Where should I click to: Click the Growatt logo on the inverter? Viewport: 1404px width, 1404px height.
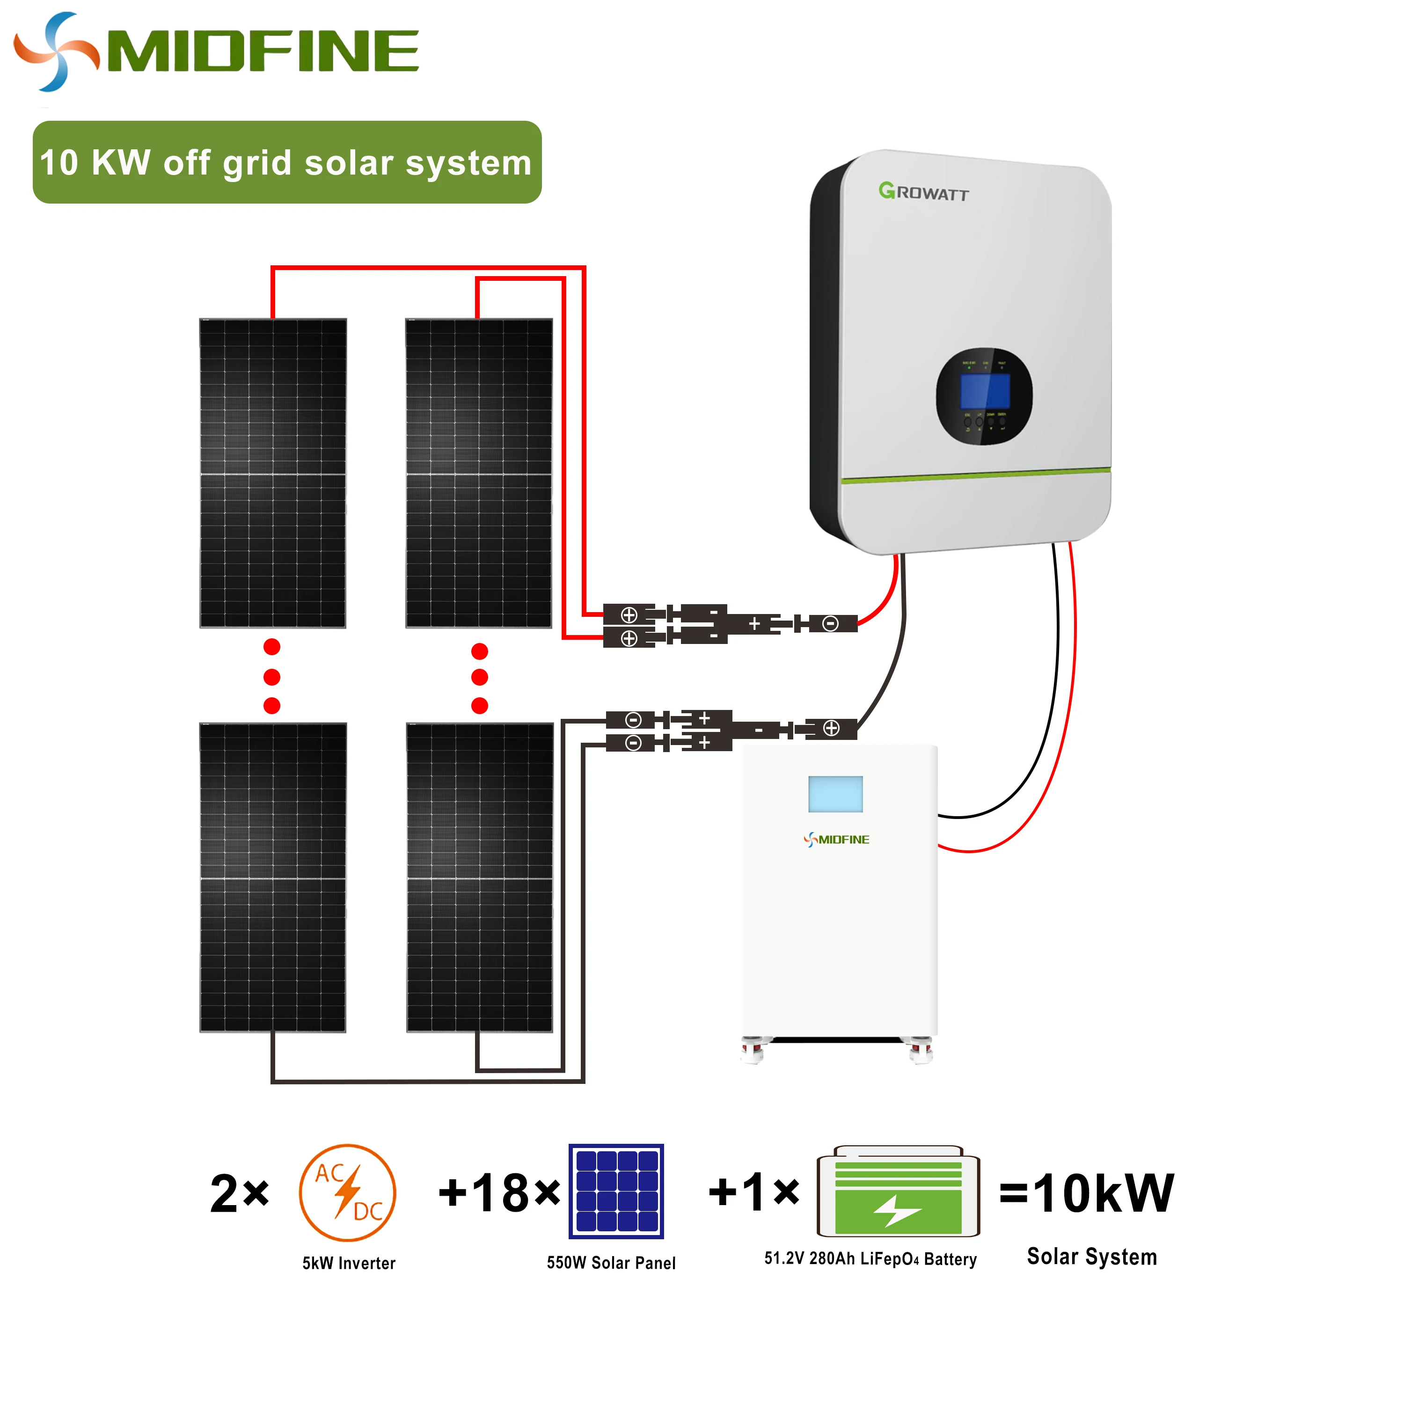pyautogui.click(x=923, y=192)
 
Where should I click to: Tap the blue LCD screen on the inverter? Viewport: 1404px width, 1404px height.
pyautogui.click(x=985, y=391)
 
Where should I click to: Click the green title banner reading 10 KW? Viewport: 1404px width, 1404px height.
pyautogui.click(x=286, y=162)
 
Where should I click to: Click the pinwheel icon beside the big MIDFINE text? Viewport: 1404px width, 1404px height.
pyautogui.click(x=56, y=51)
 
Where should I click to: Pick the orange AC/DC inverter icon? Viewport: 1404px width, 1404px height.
pyautogui.click(x=347, y=1192)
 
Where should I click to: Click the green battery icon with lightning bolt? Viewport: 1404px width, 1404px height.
pyautogui.click(x=898, y=1192)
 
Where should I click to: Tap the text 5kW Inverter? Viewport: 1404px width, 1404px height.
pyautogui.click(x=349, y=1264)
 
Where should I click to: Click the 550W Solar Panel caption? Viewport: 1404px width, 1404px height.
pyautogui.click(x=611, y=1263)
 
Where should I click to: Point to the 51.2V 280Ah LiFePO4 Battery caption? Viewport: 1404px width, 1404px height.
pyautogui.click(x=870, y=1258)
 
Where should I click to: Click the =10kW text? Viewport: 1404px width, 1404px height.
pyautogui.click(x=1086, y=1194)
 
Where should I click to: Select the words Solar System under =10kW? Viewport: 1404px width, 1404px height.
pyautogui.click(x=1091, y=1257)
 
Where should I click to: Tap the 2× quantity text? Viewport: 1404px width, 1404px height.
pyautogui.click(x=239, y=1194)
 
